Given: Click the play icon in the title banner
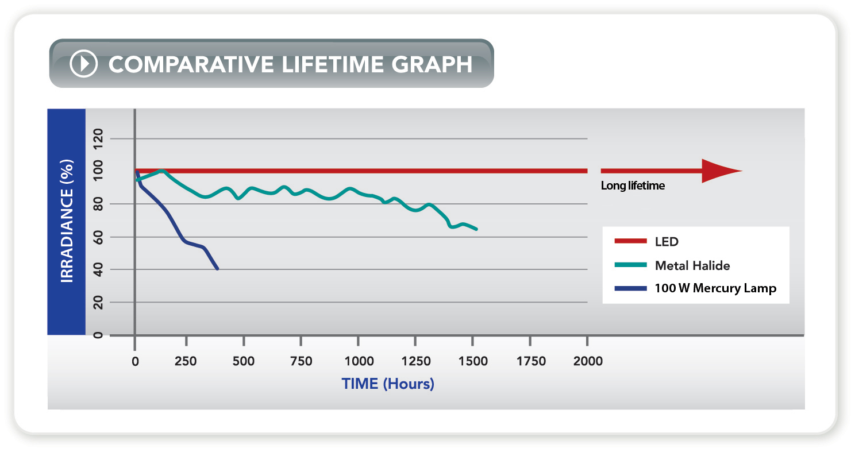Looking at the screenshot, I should click(x=84, y=63).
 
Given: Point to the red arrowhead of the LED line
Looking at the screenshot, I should click(x=721, y=171).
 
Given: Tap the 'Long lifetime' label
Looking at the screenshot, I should click(x=633, y=186).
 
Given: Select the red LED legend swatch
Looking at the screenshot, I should click(x=630, y=242).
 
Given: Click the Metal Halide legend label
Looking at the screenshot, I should click(x=692, y=265).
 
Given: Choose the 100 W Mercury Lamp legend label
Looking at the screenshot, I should click(x=715, y=288).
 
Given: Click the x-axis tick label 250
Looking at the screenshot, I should click(x=186, y=361).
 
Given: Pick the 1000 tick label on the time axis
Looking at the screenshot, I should click(x=358, y=361).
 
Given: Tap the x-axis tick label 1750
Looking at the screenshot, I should click(x=531, y=361).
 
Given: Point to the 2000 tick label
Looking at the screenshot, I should click(x=588, y=361).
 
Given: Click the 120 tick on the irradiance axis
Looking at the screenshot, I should click(x=98, y=139).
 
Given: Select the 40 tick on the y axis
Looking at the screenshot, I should click(x=98, y=269).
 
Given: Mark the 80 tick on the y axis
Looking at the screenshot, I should click(x=98, y=204).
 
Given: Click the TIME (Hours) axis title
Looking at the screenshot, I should click(x=388, y=384).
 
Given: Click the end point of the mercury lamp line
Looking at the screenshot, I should click(x=217, y=268).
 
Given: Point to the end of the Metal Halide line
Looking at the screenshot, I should click(x=476, y=229).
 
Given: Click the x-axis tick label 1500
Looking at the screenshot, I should click(x=473, y=361).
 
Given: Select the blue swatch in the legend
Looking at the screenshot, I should click(x=630, y=288).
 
